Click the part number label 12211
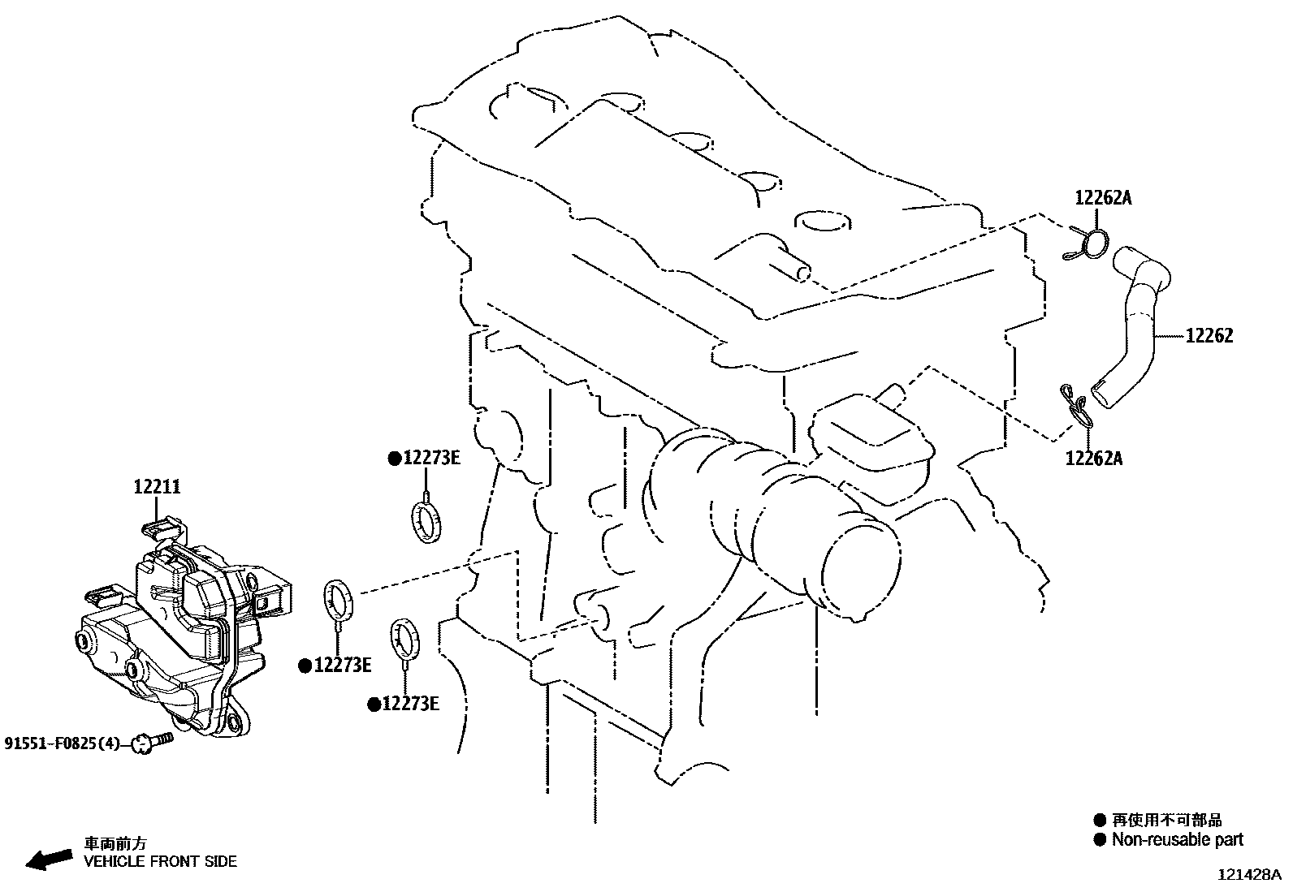[158, 487]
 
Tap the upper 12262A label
[1103, 197]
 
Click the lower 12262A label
[1093, 459]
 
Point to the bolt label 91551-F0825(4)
[62, 743]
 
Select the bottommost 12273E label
[410, 704]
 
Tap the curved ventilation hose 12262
[1137, 325]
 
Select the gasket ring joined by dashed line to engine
[339, 600]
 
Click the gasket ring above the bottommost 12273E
[405, 638]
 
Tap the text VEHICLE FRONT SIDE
[161, 861]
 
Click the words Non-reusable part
[1177, 840]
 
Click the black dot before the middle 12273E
[305, 666]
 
